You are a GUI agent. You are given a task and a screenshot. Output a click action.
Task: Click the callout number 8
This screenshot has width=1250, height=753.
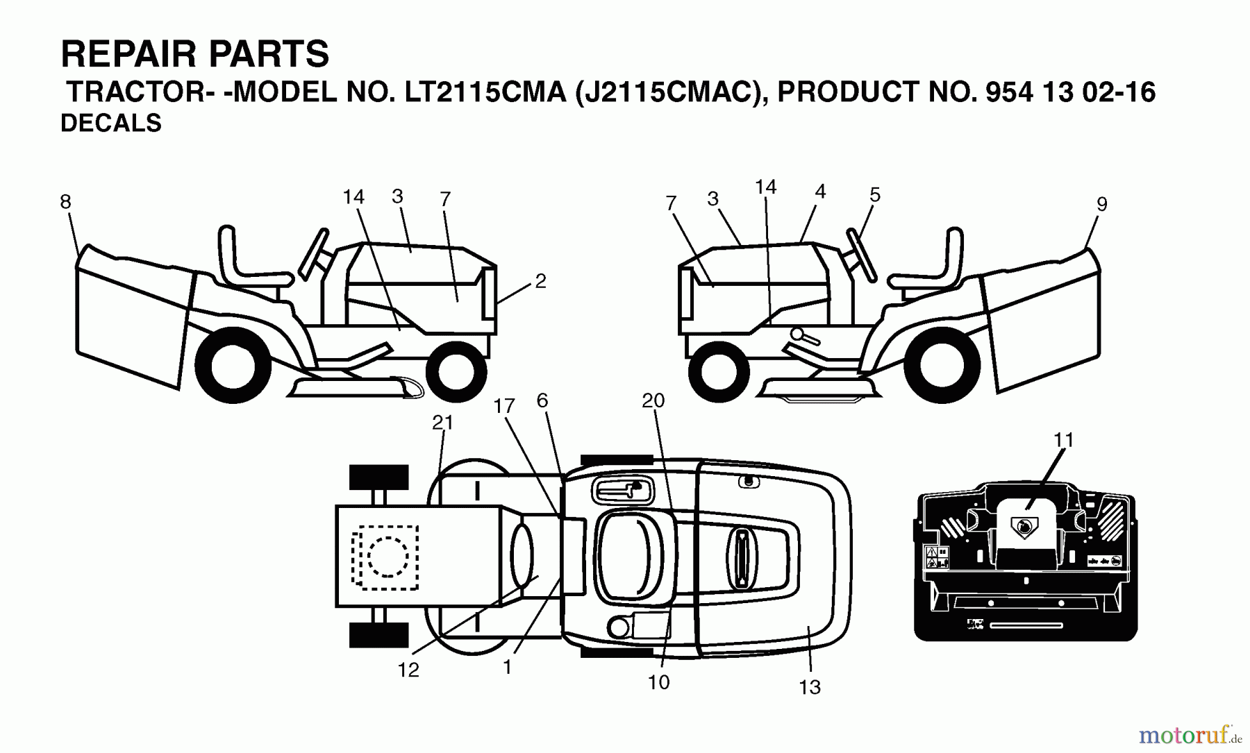click(65, 202)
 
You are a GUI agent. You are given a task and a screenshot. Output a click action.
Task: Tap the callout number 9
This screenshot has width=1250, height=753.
click(1101, 204)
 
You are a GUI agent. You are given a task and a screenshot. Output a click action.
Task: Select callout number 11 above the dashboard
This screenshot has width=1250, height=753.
click(1063, 440)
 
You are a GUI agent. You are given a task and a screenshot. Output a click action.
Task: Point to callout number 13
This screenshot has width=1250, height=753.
click(810, 687)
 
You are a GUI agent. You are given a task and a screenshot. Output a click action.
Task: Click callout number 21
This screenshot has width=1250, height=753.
click(443, 422)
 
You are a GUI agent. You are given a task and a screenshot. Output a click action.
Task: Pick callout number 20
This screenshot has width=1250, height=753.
click(653, 400)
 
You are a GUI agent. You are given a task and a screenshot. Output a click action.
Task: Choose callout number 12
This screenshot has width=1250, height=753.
click(408, 670)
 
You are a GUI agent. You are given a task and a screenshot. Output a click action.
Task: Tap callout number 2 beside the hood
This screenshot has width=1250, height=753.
click(540, 281)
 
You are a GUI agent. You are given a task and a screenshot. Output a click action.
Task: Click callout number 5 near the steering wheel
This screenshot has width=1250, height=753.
click(875, 195)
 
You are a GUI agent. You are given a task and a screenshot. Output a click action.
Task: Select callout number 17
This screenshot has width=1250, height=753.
click(504, 406)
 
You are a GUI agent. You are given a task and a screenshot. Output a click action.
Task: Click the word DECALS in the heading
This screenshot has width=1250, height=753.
click(111, 123)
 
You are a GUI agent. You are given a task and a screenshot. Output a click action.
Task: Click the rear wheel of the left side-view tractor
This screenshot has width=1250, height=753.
click(233, 367)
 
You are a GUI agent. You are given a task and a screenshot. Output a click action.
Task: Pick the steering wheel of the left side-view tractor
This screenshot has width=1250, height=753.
click(313, 254)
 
